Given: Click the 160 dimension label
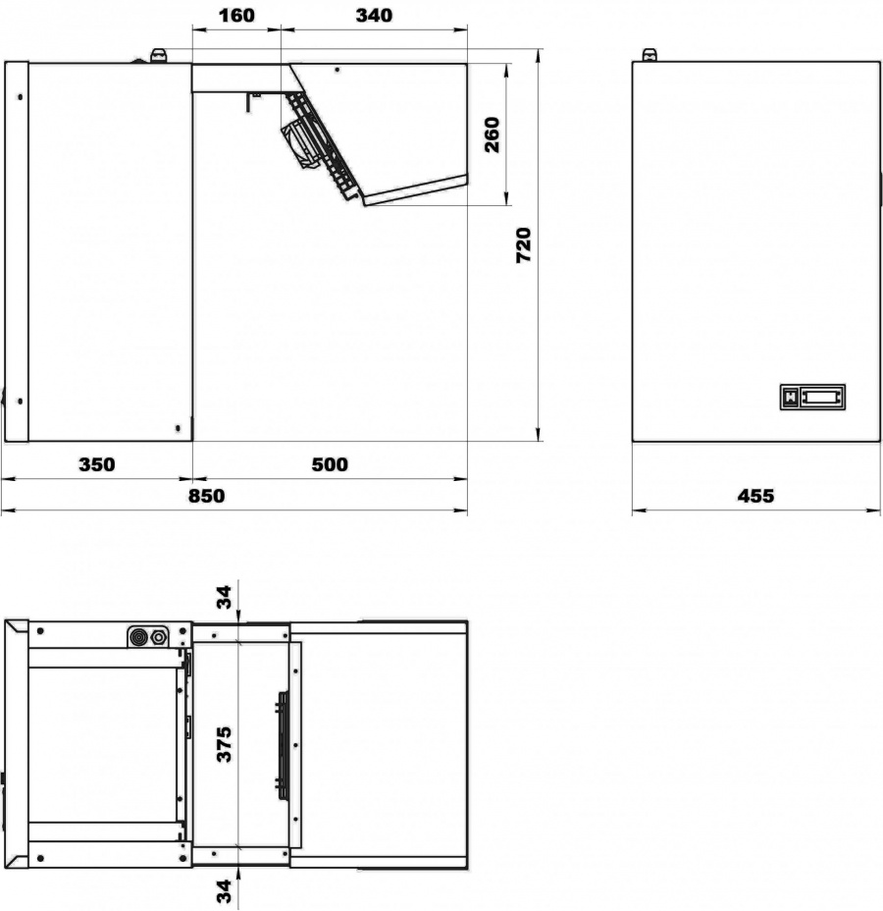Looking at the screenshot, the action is tap(236, 15).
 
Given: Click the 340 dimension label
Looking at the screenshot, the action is tap(374, 15).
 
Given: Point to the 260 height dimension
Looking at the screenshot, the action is tap(493, 134).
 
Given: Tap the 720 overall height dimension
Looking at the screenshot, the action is tap(524, 245).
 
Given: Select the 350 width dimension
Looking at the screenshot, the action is tap(97, 464).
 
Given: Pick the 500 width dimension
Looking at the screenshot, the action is tap(330, 464).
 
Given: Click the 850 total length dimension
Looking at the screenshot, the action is tap(206, 496).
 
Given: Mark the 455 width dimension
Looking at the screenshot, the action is tap(755, 496).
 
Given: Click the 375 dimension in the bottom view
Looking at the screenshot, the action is tap(224, 744).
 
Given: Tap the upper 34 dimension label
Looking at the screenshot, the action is tap(224, 597).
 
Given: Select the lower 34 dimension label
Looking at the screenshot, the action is tap(224, 891).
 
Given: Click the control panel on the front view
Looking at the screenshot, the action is tap(812, 398).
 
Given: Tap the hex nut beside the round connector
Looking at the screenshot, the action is tap(159, 637).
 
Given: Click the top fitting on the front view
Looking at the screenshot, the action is tap(649, 55).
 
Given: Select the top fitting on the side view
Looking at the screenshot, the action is tap(158, 55).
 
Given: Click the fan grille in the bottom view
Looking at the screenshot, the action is tap(283, 746).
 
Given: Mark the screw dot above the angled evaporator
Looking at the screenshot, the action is tap(338, 70).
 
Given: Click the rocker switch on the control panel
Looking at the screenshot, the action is tap(790, 398).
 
